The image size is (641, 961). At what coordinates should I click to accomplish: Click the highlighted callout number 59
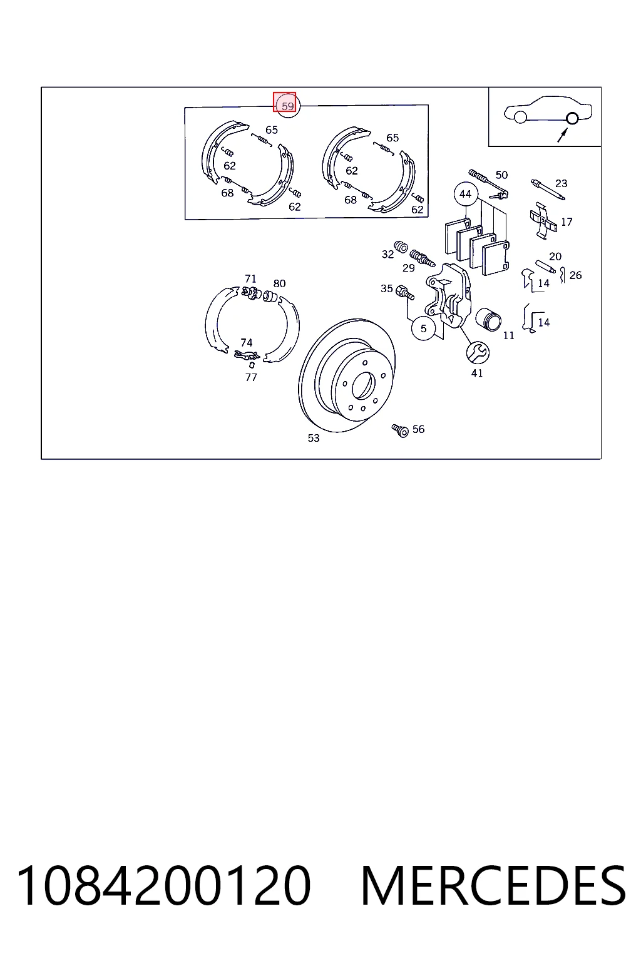pyautogui.click(x=287, y=106)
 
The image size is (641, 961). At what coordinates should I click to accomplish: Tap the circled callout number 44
pyautogui.click(x=465, y=194)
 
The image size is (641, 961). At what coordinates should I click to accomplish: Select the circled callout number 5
pyautogui.click(x=423, y=328)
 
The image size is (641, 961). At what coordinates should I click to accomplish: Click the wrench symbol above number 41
pyautogui.click(x=478, y=352)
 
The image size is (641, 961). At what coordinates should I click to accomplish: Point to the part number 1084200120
pyautogui.click(x=163, y=886)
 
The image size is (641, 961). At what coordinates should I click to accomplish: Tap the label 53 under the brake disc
pyautogui.click(x=314, y=438)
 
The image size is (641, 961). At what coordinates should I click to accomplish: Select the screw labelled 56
pyautogui.click(x=400, y=430)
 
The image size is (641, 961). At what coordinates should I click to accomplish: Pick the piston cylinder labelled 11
pyautogui.click(x=489, y=319)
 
